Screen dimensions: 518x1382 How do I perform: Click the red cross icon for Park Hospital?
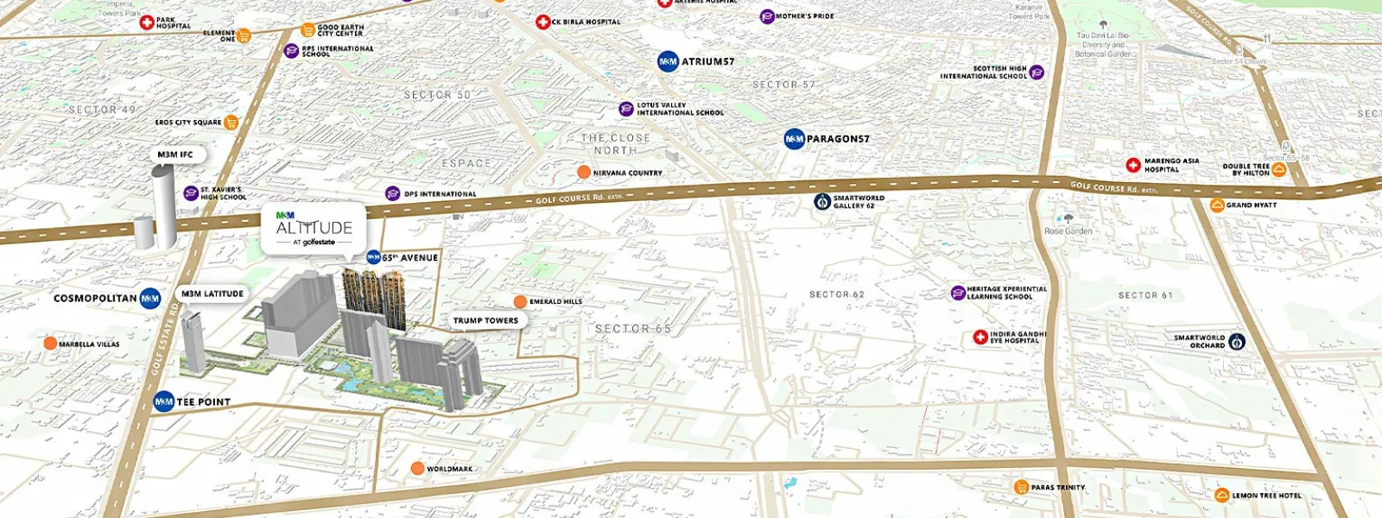[x=147, y=22]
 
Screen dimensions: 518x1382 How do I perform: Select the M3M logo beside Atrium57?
[x=668, y=61]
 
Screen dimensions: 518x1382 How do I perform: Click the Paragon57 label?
[x=837, y=138]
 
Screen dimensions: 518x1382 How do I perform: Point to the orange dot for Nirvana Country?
[x=584, y=173]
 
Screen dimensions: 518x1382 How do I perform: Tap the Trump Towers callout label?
[x=485, y=320]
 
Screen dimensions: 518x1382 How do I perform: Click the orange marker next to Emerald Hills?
[x=520, y=301]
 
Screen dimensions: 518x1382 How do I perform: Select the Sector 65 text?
[x=632, y=329]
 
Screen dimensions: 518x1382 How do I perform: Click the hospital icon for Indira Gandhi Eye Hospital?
[x=980, y=337]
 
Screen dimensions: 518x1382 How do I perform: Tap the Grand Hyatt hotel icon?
[x=1217, y=205]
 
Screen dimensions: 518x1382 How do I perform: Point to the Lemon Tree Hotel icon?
[x=1222, y=496]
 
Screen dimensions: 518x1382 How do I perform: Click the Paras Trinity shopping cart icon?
[x=1022, y=487]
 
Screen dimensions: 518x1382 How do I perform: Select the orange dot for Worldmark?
[x=417, y=469]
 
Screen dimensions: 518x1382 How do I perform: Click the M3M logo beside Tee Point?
[x=164, y=401]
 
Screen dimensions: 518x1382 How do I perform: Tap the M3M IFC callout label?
[x=175, y=155]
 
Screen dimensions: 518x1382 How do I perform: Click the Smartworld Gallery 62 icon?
[x=822, y=201]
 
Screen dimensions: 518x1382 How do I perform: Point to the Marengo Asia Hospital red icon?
[x=1133, y=165]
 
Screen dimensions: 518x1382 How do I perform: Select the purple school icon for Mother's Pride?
[x=767, y=16]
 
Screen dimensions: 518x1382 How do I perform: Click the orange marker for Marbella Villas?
[x=50, y=344]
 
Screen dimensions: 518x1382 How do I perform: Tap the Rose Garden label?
[x=1068, y=231]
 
